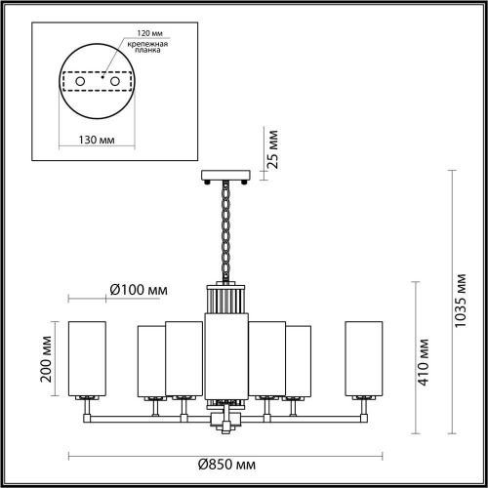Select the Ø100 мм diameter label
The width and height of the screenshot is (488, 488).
pos(138,290)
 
